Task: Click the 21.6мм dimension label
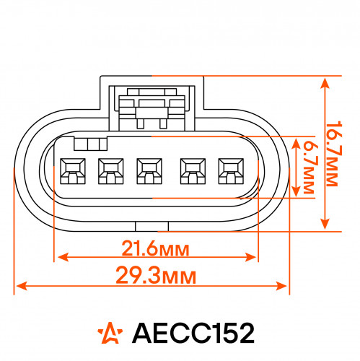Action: (x=155, y=248)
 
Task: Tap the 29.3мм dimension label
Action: (x=156, y=275)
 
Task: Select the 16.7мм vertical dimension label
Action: (x=334, y=154)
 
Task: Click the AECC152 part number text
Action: (x=193, y=334)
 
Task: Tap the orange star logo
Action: (x=110, y=333)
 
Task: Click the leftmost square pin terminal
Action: (x=73, y=171)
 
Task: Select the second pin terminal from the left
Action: (x=111, y=171)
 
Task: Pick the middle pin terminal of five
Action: (x=149, y=171)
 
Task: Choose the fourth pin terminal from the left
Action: (x=193, y=171)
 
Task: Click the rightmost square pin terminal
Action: (x=231, y=171)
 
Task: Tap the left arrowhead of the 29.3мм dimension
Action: (x=22, y=286)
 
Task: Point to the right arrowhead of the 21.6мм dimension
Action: (x=250, y=257)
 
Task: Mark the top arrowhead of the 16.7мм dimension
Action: (x=325, y=84)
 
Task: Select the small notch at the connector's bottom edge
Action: (x=152, y=227)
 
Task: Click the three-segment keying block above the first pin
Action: (x=90, y=144)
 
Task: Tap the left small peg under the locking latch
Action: (x=140, y=123)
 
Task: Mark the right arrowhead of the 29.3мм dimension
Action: (x=281, y=286)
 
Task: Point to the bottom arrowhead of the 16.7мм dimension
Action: (x=325, y=224)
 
